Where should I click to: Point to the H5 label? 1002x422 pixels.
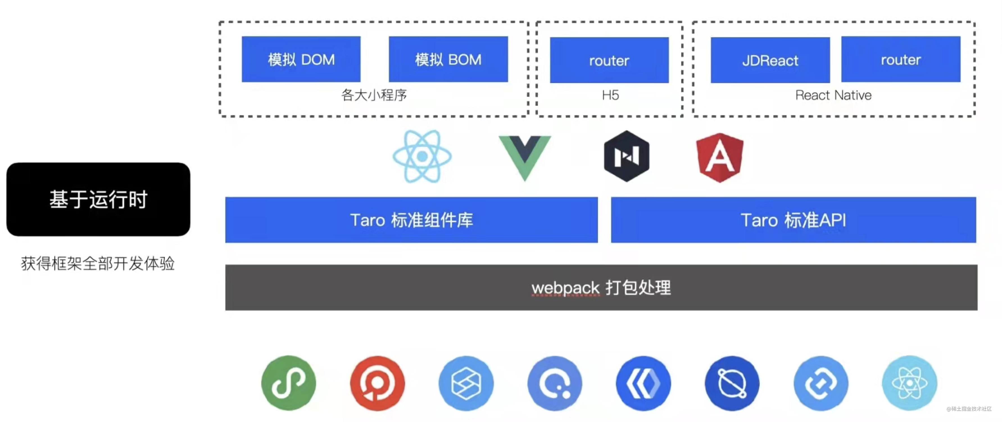coord(610,95)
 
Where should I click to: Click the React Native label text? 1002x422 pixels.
coord(833,95)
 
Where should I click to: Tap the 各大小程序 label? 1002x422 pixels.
coord(374,95)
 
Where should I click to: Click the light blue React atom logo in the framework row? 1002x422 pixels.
coord(422,156)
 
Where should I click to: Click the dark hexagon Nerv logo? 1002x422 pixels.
coord(626,156)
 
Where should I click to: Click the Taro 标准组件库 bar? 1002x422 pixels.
coord(411,220)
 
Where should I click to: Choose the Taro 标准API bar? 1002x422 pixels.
coord(793,220)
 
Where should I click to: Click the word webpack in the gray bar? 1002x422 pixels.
coord(565,288)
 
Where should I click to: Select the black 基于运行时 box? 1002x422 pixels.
coord(98,199)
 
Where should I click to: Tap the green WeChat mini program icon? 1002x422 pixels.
coord(288,383)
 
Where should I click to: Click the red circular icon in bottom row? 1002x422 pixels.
coord(377,383)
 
